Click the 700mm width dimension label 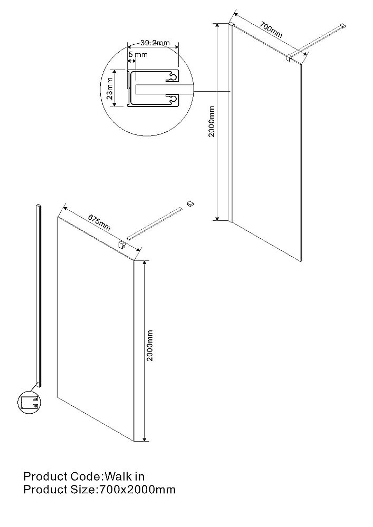point(271,30)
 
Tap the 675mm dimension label point(99,222)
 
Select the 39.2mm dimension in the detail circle point(155,43)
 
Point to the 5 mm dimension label point(138,54)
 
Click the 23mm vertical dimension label point(109,89)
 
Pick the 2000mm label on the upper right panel point(212,121)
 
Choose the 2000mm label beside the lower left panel point(150,346)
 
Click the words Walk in point(125,476)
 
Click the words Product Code point(62,476)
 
